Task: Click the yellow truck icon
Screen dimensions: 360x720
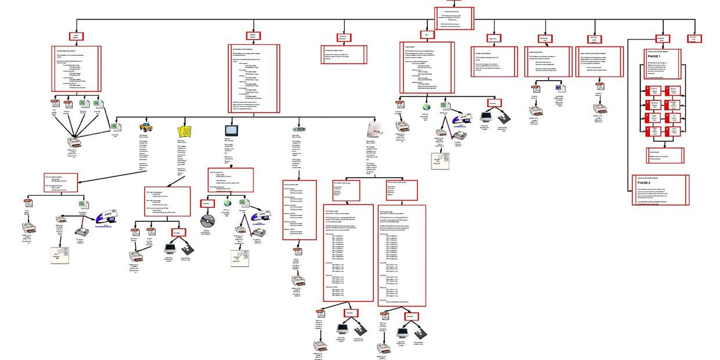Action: click(146, 127)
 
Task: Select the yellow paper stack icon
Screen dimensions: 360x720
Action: click(185, 129)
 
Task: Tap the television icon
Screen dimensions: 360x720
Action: click(229, 129)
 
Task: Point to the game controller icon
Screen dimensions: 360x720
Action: click(299, 128)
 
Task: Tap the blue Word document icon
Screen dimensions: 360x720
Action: click(560, 88)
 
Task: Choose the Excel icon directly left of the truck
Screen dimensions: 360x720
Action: click(114, 126)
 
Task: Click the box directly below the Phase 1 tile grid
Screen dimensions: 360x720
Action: click(664, 156)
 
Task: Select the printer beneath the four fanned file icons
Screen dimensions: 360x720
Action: click(74, 143)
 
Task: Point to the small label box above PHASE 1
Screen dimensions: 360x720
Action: click(660, 38)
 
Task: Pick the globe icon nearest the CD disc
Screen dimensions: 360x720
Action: click(228, 203)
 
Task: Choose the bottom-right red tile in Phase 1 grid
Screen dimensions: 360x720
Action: click(674, 131)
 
